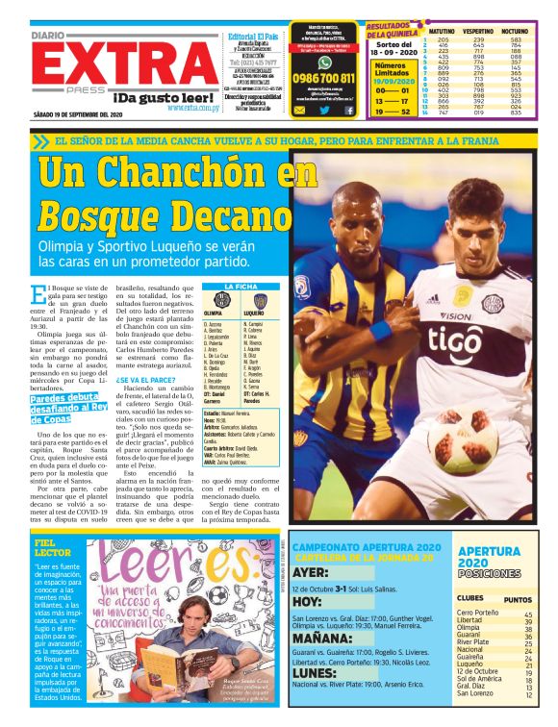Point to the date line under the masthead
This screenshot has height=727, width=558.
pyautogui.click(x=77, y=116)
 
